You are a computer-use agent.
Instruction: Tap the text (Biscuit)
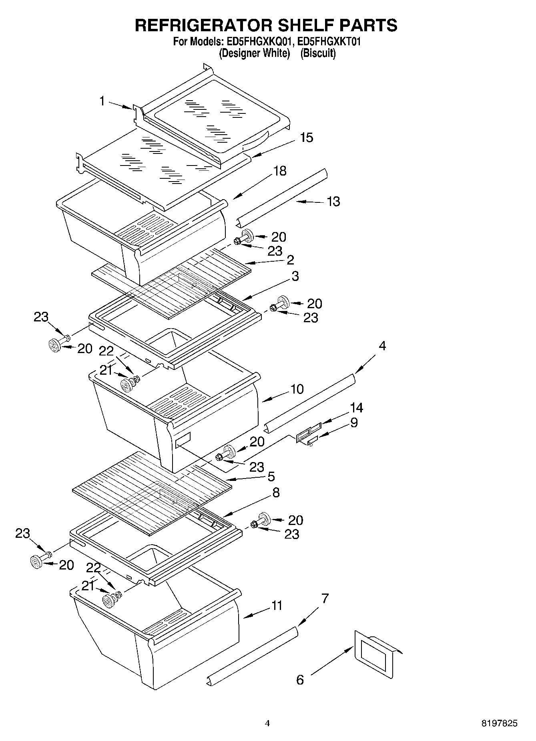[318, 53]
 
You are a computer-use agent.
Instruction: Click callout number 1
[102, 101]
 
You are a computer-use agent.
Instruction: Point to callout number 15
[306, 137]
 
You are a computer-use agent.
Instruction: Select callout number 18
[280, 171]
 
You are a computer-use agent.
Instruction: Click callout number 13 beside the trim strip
[333, 201]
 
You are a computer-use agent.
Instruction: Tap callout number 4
[382, 346]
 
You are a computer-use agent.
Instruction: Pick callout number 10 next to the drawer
[297, 389]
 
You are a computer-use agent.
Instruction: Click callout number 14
[356, 408]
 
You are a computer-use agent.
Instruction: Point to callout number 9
[354, 423]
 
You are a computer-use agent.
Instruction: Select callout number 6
[300, 680]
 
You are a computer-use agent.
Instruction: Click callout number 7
[325, 599]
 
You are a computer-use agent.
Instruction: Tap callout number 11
[277, 606]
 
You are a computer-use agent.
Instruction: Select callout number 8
[276, 493]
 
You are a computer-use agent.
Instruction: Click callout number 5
[271, 477]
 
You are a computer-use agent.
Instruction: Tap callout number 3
[295, 276]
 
